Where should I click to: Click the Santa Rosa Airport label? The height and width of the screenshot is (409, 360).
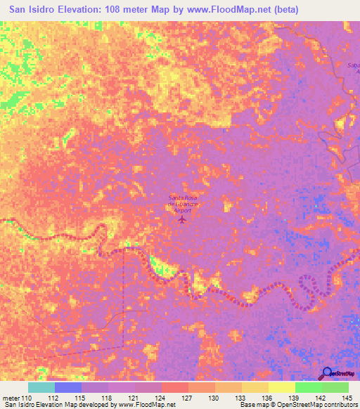pyautogui.click(x=183, y=202)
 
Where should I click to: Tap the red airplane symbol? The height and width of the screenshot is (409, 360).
pyautogui.click(x=183, y=219)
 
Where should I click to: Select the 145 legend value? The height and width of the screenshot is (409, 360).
pyautogui.click(x=347, y=398)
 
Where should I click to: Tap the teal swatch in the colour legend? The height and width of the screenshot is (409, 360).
pyautogui.click(x=41, y=387)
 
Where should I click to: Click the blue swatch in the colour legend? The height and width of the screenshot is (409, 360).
pyautogui.click(x=68, y=387)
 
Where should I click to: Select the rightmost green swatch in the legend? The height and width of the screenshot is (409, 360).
pyautogui.click(x=335, y=387)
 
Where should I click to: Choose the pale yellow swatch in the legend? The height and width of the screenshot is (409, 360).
pyautogui.click(x=282, y=387)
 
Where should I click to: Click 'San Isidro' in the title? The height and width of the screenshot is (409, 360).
pyautogui.click(x=33, y=10)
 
